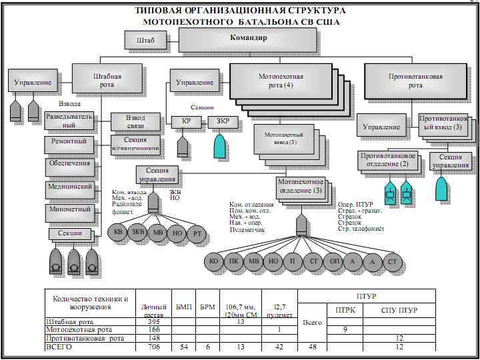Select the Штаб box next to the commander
pos(145,41)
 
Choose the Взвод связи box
pos(135,121)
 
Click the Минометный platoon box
pos(69,209)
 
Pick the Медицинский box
pos(69,187)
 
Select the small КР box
pos(186,122)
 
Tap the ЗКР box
pos(223,122)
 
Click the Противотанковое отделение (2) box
pos(389,160)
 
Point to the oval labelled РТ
pos(197,233)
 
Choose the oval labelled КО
pos(214,262)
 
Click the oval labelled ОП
pos(334,262)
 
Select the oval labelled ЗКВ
pos(138,233)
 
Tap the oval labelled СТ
pos(392,262)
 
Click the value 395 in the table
pos(153,322)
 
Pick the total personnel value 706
pos(153,347)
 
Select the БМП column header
pos(183,306)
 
